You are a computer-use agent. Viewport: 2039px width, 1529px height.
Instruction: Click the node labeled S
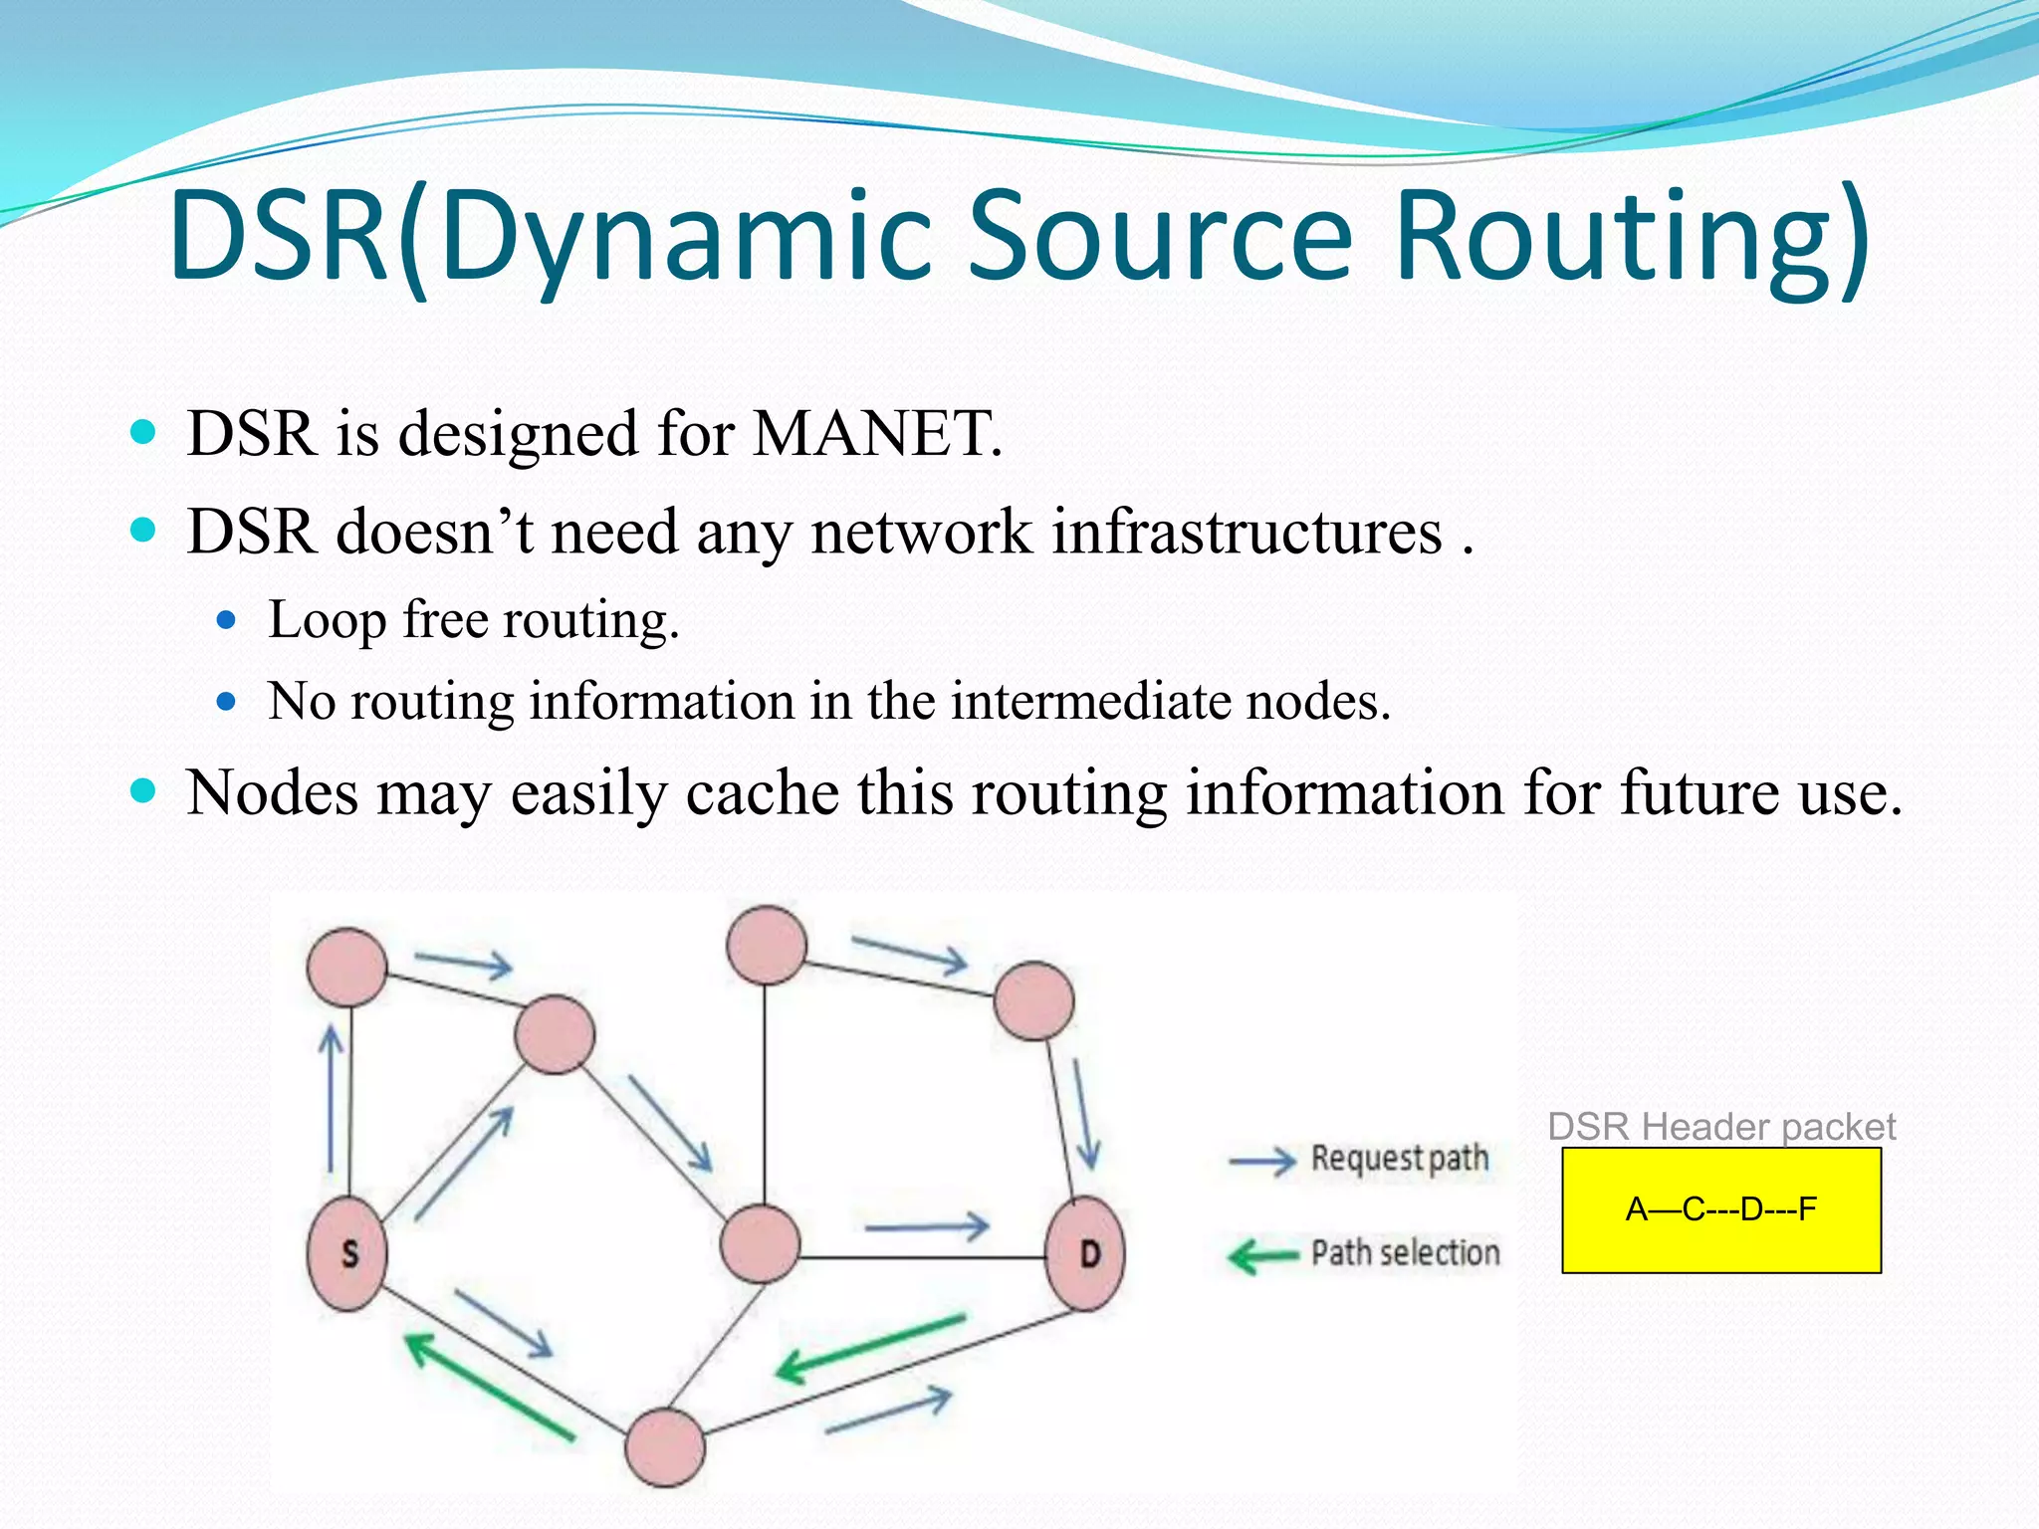pos(347,1253)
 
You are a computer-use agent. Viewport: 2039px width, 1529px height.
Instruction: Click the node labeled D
pos(1086,1253)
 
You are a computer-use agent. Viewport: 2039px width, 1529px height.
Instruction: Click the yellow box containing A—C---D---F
pos(1720,1209)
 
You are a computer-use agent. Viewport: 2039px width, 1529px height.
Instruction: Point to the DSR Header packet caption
pos(1720,1127)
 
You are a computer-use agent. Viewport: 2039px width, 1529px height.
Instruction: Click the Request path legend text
pos(1399,1159)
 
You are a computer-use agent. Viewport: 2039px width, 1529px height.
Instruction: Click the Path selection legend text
pos(1404,1252)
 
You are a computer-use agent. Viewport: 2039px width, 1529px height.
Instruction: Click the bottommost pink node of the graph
pos(665,1447)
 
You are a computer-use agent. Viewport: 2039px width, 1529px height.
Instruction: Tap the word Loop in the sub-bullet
pos(327,620)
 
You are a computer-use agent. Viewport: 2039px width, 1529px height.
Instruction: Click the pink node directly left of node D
pos(760,1243)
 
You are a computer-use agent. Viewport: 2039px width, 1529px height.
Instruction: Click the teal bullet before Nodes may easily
pos(144,791)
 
